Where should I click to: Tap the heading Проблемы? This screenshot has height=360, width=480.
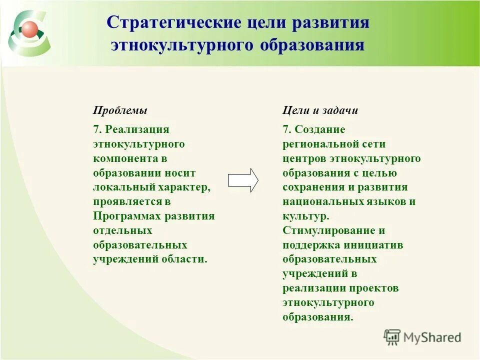click(120, 110)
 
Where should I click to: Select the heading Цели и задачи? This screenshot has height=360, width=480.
click(320, 110)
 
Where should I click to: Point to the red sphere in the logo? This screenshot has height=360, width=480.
click(28, 28)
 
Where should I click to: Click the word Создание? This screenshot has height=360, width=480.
click(320, 129)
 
